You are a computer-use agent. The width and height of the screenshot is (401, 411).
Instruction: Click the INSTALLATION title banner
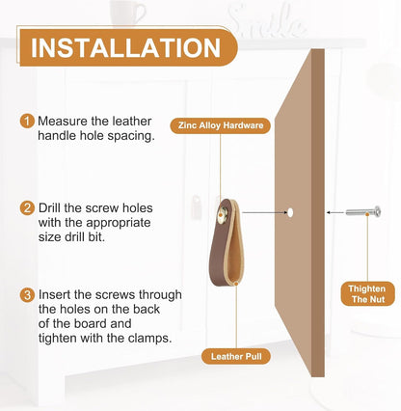click(128, 47)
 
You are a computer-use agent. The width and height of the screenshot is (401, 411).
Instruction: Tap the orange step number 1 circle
click(27, 122)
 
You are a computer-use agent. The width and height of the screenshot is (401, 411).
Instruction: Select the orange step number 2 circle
click(27, 208)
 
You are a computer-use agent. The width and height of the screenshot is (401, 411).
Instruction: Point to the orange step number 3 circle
click(27, 295)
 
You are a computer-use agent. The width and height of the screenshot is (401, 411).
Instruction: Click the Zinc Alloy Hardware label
click(221, 125)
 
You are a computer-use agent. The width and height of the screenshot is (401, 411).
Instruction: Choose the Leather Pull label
click(236, 356)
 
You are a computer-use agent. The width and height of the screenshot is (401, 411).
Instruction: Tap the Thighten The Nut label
click(368, 294)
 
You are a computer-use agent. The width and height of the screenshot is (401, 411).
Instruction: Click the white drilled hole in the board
click(290, 212)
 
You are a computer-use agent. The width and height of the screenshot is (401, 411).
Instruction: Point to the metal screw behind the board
click(363, 211)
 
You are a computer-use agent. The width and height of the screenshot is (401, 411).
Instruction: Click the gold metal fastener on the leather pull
click(222, 214)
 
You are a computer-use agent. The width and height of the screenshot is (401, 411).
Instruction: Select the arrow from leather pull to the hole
click(264, 212)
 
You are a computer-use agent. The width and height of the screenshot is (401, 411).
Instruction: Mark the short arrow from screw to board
click(334, 212)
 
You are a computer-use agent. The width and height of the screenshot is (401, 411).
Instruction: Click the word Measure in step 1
click(63, 122)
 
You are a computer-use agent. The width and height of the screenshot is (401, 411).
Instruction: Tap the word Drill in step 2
click(49, 208)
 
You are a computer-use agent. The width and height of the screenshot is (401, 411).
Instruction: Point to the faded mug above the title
click(126, 13)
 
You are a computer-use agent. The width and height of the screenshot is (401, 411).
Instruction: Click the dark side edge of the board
click(318, 213)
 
